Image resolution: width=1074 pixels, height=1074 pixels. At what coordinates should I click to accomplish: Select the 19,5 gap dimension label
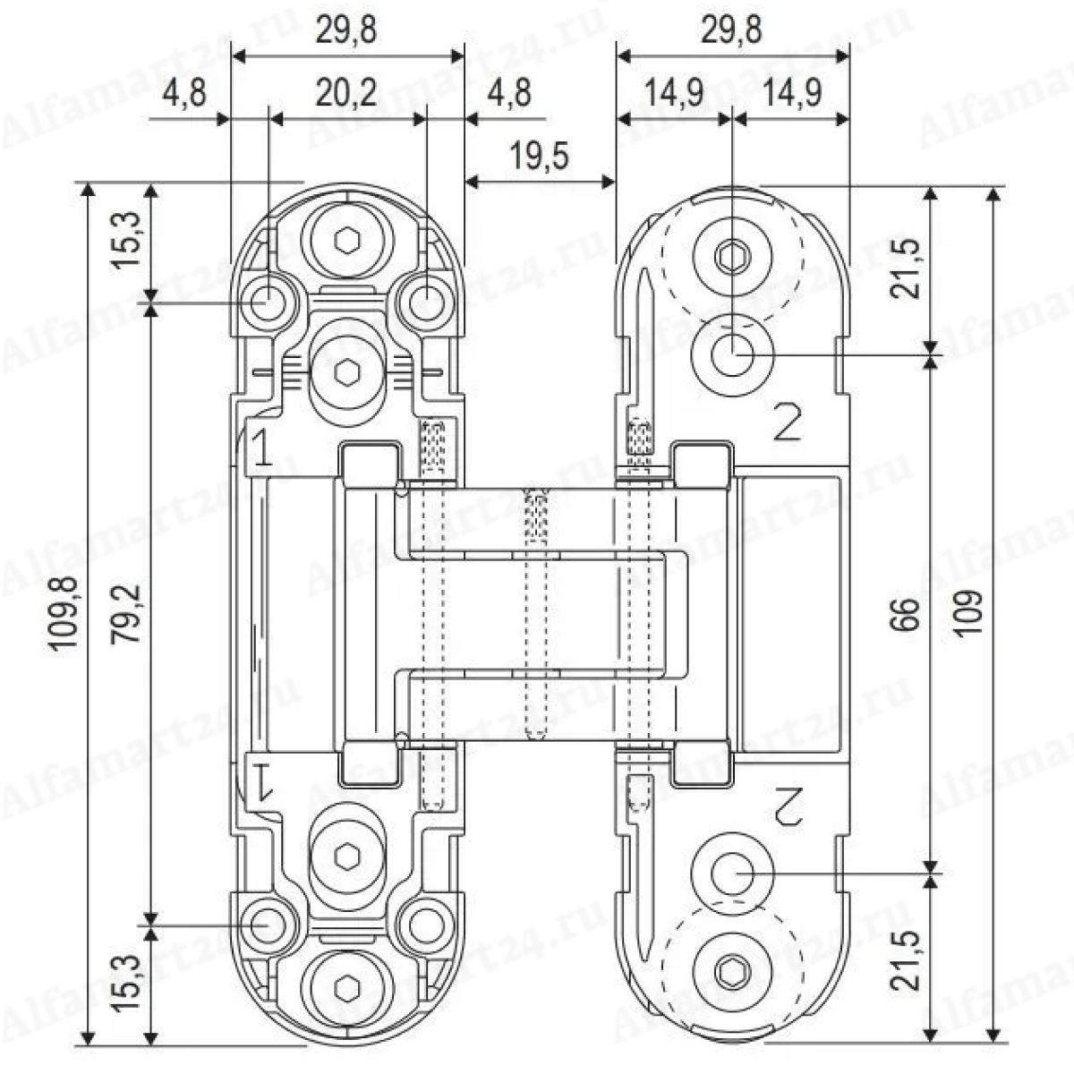coord(540,156)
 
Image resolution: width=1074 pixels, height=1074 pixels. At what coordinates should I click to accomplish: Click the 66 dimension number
coord(908,615)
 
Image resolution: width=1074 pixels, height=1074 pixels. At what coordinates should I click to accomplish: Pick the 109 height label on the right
coord(969,615)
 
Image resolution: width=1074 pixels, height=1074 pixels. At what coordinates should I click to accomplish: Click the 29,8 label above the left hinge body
coord(346,30)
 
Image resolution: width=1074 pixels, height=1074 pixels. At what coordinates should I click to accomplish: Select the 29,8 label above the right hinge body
coord(731,30)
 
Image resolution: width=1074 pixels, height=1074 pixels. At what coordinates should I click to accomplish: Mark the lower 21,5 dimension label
coord(908,959)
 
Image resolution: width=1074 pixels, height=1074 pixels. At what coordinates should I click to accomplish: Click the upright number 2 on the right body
coord(786,422)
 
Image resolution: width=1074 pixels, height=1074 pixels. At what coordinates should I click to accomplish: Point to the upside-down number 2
coord(787,807)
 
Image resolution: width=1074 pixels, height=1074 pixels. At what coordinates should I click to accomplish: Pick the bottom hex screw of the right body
coord(732,968)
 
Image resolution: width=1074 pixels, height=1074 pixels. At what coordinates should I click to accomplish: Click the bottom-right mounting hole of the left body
coord(426,924)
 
